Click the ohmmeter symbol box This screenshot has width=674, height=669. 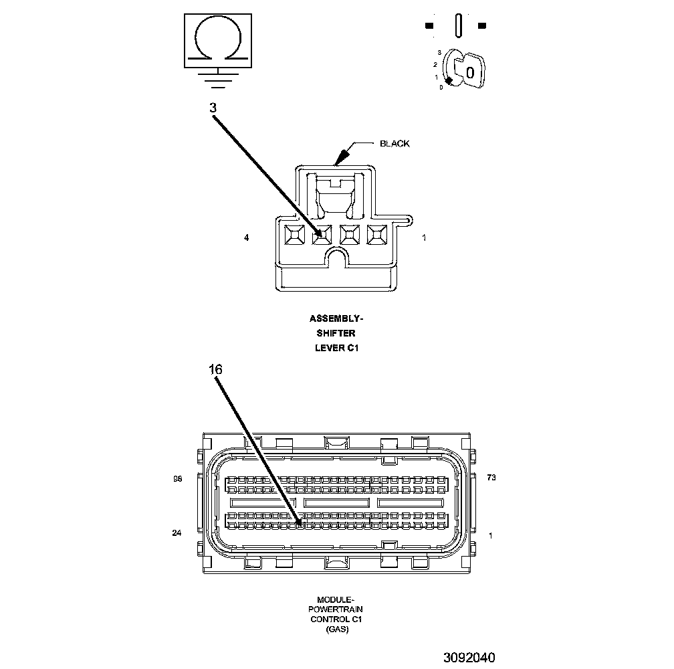pyautogui.click(x=218, y=41)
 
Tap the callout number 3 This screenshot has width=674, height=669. pyautogui.click(x=213, y=107)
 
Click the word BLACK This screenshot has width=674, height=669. pyautogui.click(x=395, y=143)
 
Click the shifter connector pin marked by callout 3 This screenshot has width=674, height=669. pyautogui.click(x=322, y=234)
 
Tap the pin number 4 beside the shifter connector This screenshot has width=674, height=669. pyautogui.click(x=247, y=237)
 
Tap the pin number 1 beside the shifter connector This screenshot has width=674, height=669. pyautogui.click(x=425, y=237)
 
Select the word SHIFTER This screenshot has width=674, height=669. pyautogui.click(x=336, y=332)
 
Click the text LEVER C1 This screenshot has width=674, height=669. pyautogui.click(x=337, y=347)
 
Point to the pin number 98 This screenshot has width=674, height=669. pyautogui.click(x=177, y=479)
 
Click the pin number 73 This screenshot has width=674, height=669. pyautogui.click(x=491, y=478)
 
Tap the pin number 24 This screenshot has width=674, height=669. pyautogui.click(x=177, y=533)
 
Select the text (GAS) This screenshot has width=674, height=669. pyautogui.click(x=336, y=630)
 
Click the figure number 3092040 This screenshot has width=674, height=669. pyautogui.click(x=468, y=657)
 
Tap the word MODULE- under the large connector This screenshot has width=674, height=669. pyautogui.click(x=336, y=600)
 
